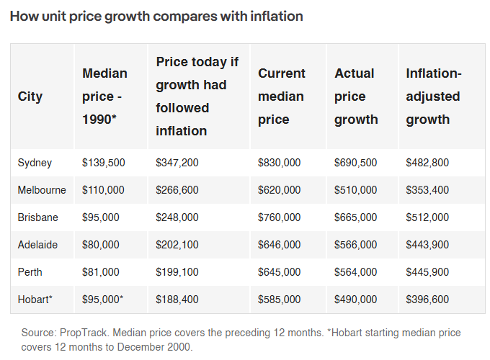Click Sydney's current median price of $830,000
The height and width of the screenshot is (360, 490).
(x=279, y=163)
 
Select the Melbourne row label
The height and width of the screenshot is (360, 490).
(x=42, y=190)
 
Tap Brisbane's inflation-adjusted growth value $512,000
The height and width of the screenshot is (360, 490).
(x=427, y=217)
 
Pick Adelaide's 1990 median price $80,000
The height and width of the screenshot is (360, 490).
(x=101, y=245)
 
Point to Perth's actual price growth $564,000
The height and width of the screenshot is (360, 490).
(x=356, y=272)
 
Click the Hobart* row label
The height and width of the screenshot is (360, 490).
(x=35, y=300)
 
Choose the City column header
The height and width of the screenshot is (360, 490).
(x=30, y=96)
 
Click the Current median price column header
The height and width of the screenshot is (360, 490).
(x=281, y=96)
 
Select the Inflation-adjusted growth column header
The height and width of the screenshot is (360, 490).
(x=434, y=96)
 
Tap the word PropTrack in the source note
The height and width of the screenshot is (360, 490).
(x=83, y=333)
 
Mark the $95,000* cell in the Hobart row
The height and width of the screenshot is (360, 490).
(x=103, y=300)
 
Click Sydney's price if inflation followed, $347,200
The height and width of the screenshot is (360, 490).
(x=177, y=163)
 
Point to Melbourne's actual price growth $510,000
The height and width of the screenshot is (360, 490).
(x=356, y=190)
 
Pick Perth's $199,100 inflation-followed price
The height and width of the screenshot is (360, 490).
(x=177, y=272)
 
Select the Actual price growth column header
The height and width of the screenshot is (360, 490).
(x=356, y=96)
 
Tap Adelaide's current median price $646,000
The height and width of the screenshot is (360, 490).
(x=279, y=245)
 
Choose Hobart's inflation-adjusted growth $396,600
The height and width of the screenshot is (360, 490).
(x=427, y=300)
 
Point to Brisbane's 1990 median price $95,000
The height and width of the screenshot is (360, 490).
(x=101, y=217)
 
